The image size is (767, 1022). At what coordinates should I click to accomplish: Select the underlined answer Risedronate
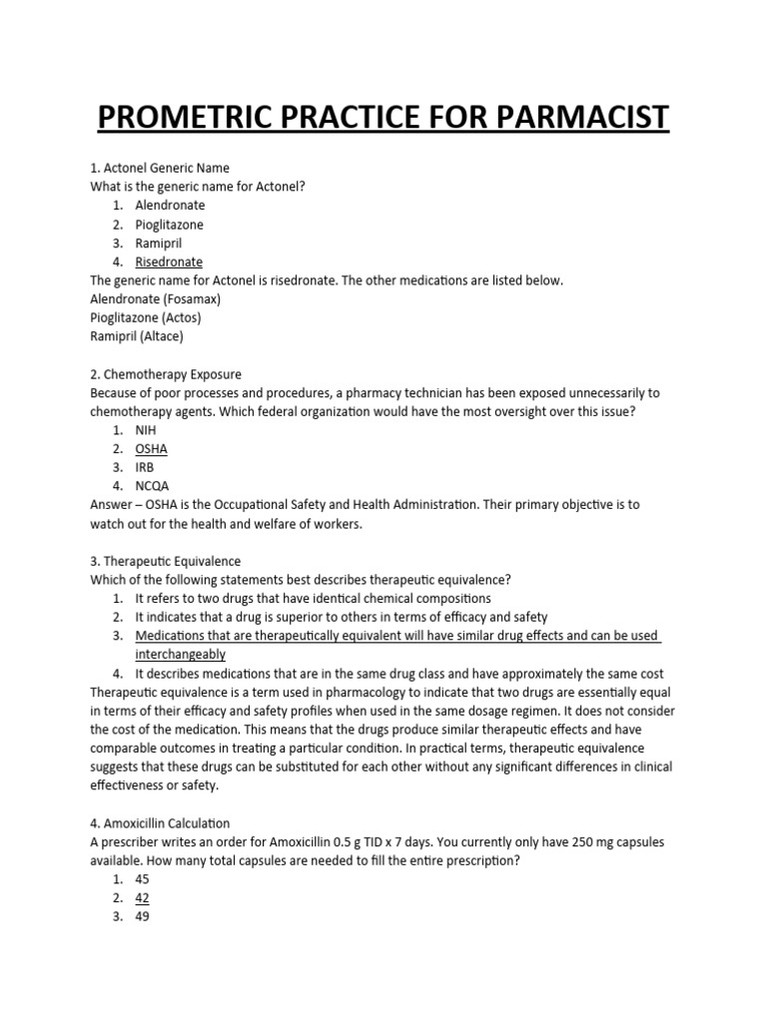[x=169, y=261]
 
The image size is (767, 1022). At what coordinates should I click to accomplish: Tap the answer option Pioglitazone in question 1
[x=170, y=225]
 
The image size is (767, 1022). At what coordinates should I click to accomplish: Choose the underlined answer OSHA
[x=152, y=449]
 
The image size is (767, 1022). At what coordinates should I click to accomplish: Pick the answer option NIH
[x=147, y=430]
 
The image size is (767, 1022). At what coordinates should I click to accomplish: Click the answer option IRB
[x=146, y=467]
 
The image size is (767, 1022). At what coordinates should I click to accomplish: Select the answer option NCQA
[x=153, y=486]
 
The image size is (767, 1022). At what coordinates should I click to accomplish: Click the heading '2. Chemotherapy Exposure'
[x=166, y=374]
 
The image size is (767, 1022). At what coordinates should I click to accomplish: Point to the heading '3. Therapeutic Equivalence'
[x=166, y=562]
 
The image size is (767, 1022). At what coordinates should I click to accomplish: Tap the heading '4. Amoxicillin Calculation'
[x=161, y=823]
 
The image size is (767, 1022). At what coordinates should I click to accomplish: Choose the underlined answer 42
[x=143, y=897]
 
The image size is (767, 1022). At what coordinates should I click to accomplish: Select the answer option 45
[x=143, y=879]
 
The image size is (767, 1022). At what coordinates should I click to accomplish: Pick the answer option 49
[x=143, y=916]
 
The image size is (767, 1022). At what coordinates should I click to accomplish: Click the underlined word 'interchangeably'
[x=181, y=655]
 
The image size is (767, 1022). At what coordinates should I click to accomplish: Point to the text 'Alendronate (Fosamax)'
[x=155, y=299]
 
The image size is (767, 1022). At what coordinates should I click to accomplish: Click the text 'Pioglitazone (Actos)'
[x=146, y=317]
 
